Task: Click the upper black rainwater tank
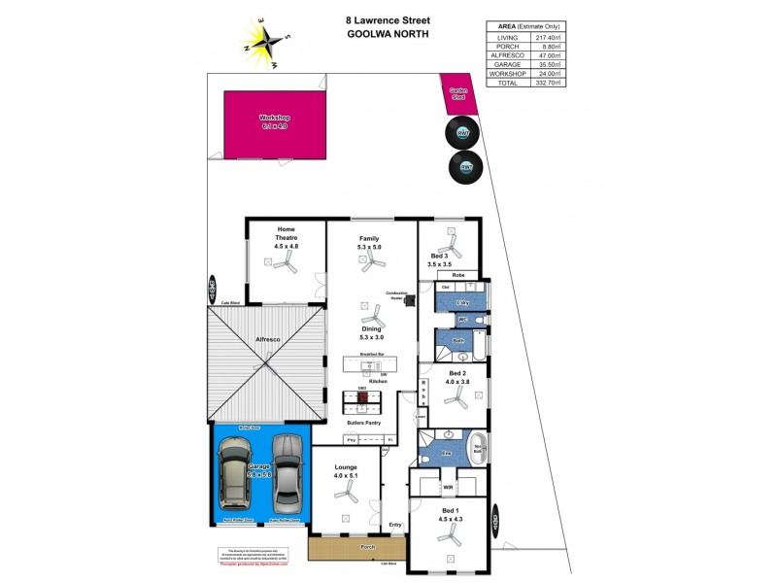[x=464, y=132]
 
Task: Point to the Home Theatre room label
[x=287, y=238]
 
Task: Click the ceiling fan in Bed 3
[x=450, y=236]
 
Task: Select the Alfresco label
[x=268, y=339]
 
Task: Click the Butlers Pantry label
[x=366, y=424]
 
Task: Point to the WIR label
[x=449, y=486]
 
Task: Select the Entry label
[x=394, y=526]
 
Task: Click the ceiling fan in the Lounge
[x=345, y=496]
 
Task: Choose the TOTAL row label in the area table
[x=507, y=83]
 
